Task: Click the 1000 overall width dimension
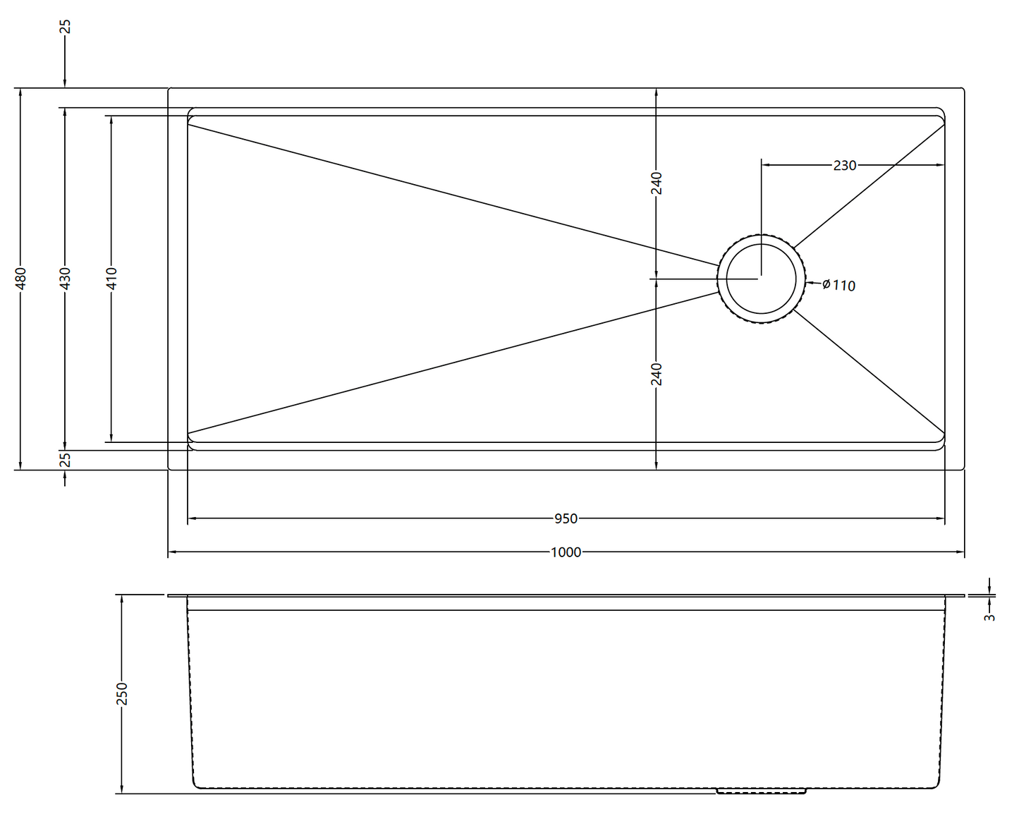click(x=566, y=552)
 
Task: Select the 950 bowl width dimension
click(x=566, y=518)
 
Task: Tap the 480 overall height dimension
click(x=20, y=279)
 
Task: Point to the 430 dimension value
click(x=66, y=279)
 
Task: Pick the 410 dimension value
click(x=111, y=279)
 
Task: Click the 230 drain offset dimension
click(x=845, y=165)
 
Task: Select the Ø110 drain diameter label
click(x=838, y=285)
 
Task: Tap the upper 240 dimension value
click(x=657, y=183)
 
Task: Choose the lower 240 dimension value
click(x=657, y=375)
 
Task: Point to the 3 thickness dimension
click(x=989, y=617)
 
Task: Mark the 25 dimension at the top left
click(x=66, y=27)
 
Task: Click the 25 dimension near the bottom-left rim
click(x=66, y=460)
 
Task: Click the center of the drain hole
click(x=762, y=279)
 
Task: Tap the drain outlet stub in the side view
click(x=762, y=791)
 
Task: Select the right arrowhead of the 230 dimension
click(x=940, y=165)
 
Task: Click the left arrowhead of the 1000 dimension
click(x=173, y=552)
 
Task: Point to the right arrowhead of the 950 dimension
click(x=940, y=518)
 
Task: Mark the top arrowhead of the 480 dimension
click(x=20, y=93)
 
